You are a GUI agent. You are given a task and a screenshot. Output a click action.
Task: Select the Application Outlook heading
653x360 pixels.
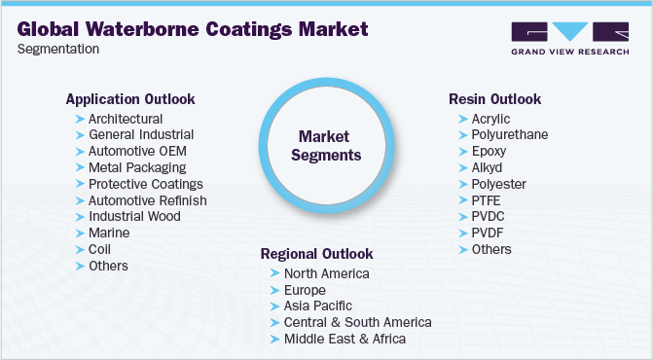[x=130, y=99]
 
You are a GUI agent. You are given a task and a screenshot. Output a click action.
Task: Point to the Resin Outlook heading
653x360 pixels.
[x=495, y=99]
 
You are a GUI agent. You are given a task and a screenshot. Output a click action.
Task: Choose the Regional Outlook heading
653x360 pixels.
[x=316, y=254]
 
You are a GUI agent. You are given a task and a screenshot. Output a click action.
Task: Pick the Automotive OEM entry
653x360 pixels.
[x=137, y=151]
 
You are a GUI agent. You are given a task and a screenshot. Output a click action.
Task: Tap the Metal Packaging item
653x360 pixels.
[x=137, y=167]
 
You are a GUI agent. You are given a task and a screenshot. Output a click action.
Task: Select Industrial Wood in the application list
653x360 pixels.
[x=134, y=216]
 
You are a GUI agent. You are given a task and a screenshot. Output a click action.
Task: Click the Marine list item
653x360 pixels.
[x=109, y=233]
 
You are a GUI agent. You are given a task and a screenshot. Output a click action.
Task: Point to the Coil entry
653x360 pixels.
[x=100, y=249]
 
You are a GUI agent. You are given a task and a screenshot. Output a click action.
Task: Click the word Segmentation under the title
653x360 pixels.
[x=57, y=50]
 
